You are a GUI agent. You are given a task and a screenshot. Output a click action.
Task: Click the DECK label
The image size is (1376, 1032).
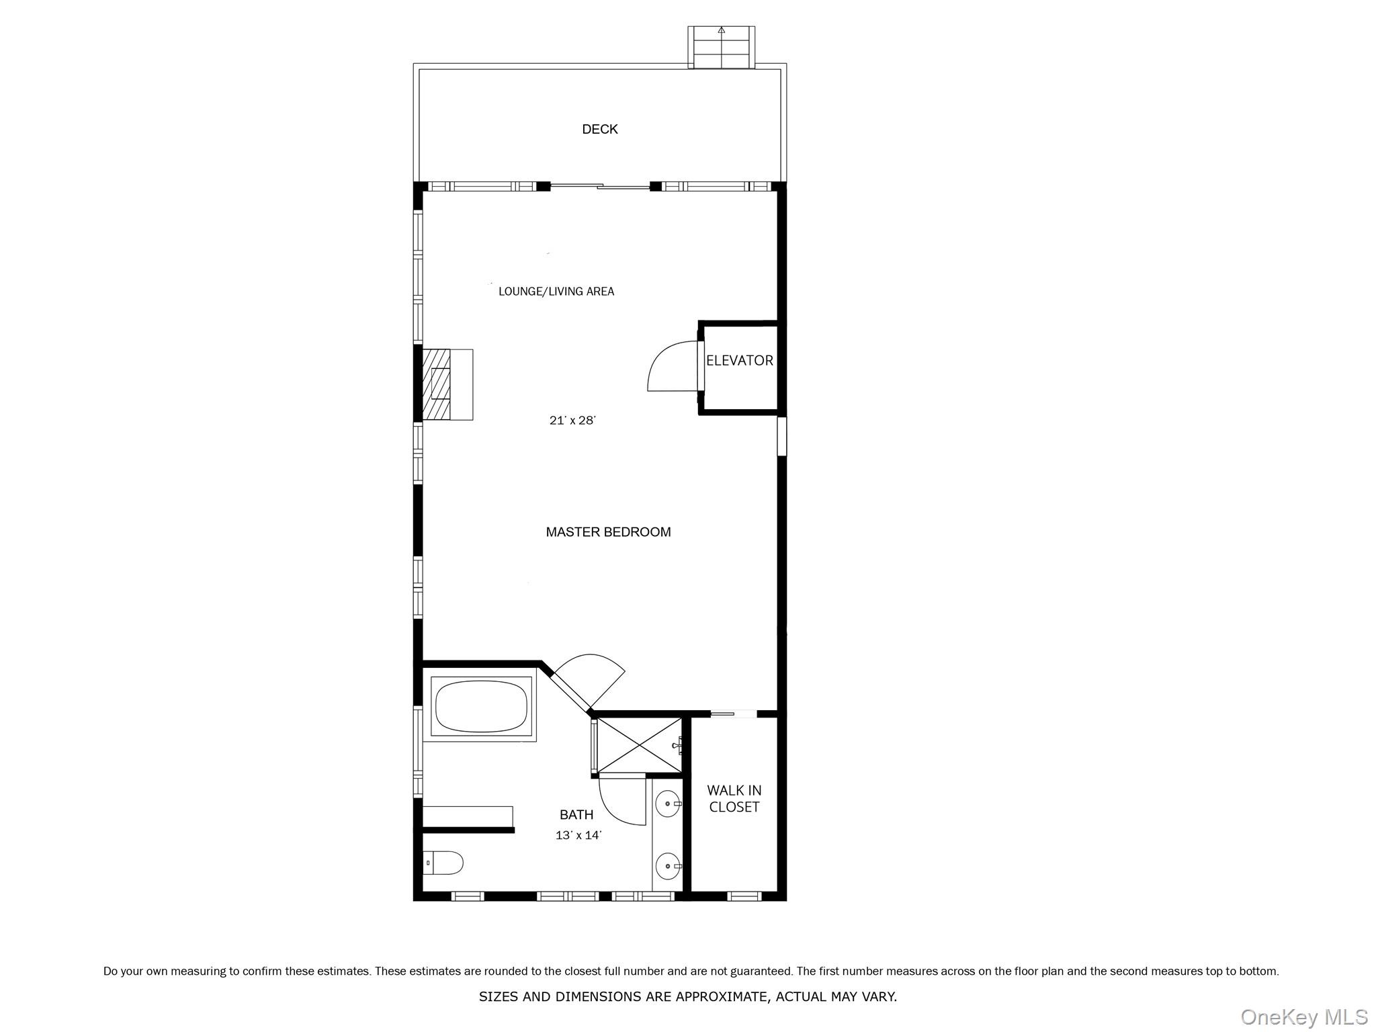(599, 129)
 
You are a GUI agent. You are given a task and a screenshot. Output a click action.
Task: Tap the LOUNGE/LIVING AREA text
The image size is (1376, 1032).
(556, 291)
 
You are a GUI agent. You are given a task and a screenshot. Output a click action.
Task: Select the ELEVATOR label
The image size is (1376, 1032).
(739, 360)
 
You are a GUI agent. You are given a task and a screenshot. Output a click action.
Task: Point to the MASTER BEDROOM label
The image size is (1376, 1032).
(608, 532)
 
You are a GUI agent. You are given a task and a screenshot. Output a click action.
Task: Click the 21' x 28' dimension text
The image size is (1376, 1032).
(572, 421)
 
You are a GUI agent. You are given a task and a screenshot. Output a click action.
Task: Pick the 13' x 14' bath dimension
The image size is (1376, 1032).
(578, 836)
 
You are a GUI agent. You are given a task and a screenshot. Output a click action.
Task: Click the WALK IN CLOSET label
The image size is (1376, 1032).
(734, 799)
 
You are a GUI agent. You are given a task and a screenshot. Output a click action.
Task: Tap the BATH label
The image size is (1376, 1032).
(576, 815)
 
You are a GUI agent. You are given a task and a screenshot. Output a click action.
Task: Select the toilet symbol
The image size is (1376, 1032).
(444, 863)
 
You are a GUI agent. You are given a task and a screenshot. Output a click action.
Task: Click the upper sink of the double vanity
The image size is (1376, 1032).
(667, 804)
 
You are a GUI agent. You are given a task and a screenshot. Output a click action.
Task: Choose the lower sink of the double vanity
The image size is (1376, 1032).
(667, 867)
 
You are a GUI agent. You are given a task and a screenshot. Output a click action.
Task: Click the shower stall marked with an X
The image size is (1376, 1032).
(638, 746)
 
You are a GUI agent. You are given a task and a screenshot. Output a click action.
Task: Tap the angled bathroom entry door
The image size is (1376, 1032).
(585, 682)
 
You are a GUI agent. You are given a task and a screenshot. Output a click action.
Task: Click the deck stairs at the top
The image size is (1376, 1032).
(721, 48)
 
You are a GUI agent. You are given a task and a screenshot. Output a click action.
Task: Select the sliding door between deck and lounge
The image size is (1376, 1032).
(600, 186)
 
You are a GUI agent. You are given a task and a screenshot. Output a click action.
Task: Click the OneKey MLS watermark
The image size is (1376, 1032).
(1303, 1017)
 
